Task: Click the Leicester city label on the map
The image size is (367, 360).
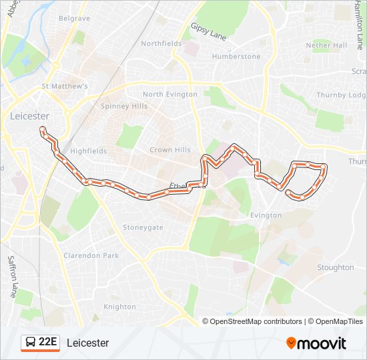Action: [x=30, y=115]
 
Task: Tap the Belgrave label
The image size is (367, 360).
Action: [x=74, y=19]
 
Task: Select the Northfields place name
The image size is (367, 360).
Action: [x=161, y=43]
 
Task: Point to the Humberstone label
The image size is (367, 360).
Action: [x=236, y=57]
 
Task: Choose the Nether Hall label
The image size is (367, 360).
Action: [x=326, y=45]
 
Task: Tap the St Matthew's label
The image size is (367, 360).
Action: [x=65, y=87]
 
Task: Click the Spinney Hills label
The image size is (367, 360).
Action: [x=124, y=106]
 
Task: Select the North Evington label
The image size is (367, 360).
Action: [x=170, y=94]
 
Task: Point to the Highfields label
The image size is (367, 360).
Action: [x=88, y=151]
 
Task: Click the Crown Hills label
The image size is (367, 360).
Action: [x=169, y=150]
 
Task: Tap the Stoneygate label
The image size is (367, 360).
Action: [x=143, y=227]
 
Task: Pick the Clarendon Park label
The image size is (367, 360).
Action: [x=91, y=255]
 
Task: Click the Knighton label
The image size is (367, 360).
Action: [x=119, y=307]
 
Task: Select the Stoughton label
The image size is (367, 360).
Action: [x=336, y=267]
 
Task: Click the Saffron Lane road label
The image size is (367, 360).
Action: [x=12, y=276]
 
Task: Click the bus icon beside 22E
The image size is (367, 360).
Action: [x=30, y=343]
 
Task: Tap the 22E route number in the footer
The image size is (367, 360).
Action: [x=48, y=343]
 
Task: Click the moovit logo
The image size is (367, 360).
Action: [x=316, y=343]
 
